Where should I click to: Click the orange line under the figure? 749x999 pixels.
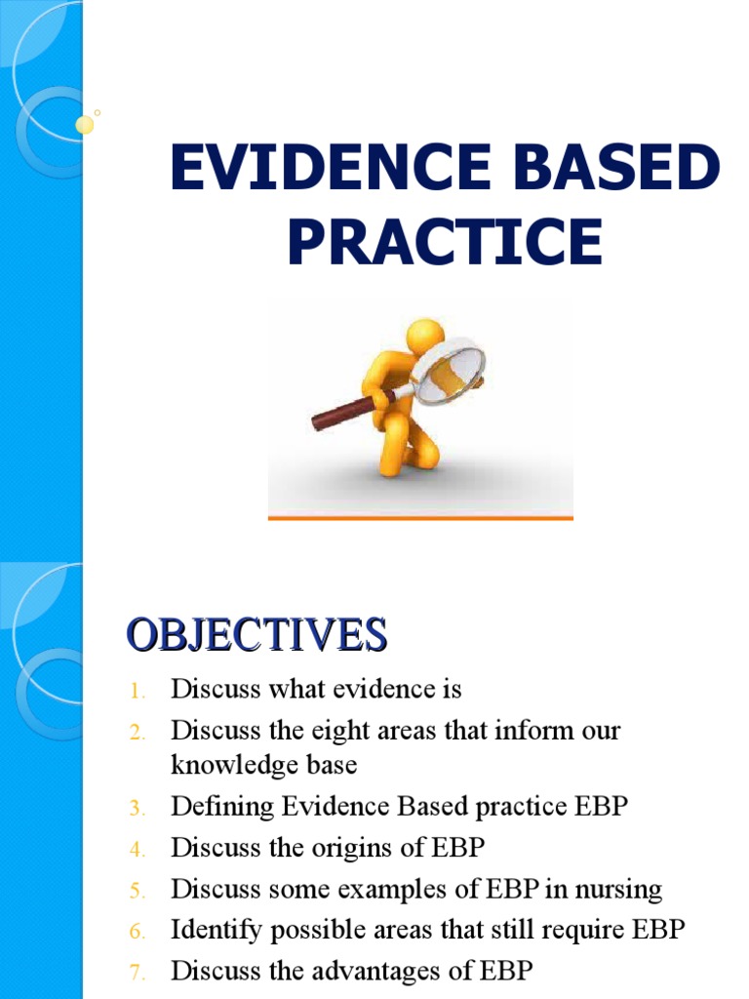420,517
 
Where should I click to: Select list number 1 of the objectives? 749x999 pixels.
138,691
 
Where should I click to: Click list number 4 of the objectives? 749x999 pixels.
137,850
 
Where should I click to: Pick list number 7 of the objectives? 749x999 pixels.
137,973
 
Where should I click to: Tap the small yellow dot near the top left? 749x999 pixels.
85,124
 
